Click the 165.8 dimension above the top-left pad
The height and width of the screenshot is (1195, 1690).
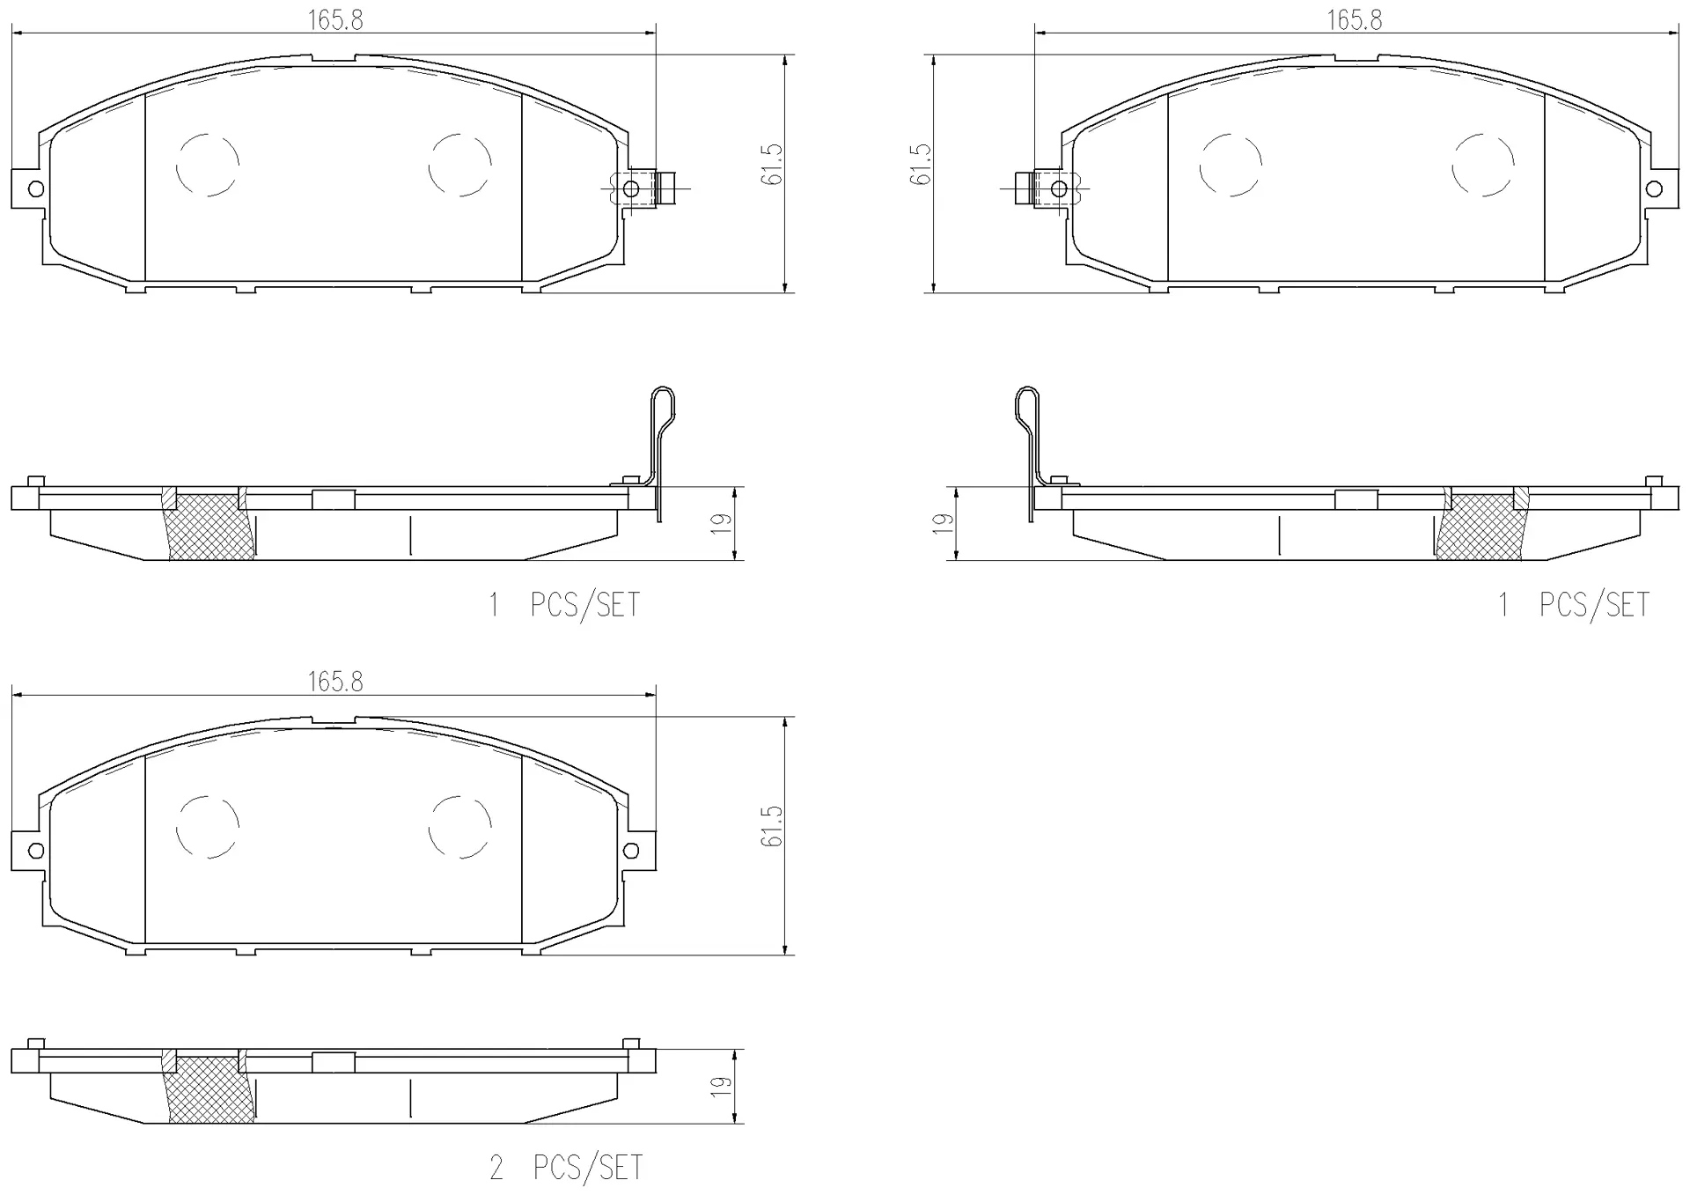[x=335, y=19]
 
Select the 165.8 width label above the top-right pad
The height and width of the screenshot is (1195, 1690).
[x=1355, y=19]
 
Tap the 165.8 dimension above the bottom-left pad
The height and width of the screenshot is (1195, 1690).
[x=335, y=682]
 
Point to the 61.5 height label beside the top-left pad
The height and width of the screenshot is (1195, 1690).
[x=772, y=165]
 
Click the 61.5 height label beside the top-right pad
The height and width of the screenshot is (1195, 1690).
[x=921, y=165]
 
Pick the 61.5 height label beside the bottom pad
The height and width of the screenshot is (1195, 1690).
[x=772, y=827]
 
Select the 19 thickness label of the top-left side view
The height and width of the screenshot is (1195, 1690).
[x=722, y=523]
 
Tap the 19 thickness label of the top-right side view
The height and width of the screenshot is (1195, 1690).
[x=943, y=523]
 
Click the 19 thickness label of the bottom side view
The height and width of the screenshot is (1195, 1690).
[x=722, y=1086]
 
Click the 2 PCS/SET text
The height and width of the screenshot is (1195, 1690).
[x=566, y=1169]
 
